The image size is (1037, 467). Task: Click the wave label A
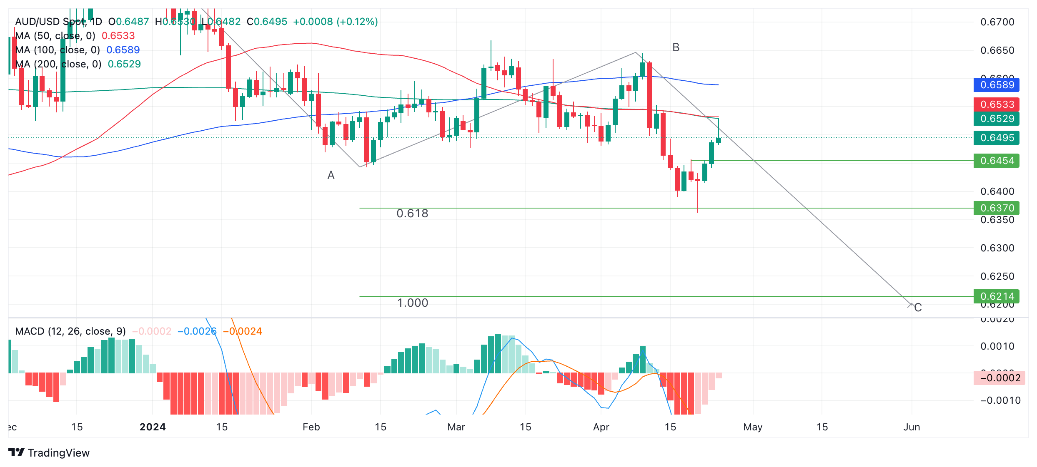(331, 175)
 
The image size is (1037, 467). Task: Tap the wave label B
(676, 47)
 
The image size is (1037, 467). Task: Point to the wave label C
(918, 308)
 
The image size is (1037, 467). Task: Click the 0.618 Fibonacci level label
(412, 214)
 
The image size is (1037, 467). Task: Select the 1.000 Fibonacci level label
(412, 303)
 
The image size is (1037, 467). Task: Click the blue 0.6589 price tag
(997, 85)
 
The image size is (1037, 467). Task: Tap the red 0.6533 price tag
(997, 104)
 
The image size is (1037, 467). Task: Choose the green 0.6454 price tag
(997, 161)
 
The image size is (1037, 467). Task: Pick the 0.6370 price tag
(997, 208)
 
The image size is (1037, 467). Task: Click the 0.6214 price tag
(997, 296)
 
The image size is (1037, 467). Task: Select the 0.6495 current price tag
(997, 137)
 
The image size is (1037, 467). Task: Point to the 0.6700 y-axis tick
(997, 22)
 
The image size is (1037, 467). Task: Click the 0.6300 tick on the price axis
(997, 248)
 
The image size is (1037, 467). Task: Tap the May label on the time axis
(753, 427)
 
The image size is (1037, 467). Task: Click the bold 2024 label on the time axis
(153, 427)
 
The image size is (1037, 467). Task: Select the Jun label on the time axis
(912, 427)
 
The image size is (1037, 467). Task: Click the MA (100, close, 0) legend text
(58, 50)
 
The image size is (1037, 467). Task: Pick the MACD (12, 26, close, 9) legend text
(70, 331)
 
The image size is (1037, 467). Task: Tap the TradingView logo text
(58, 453)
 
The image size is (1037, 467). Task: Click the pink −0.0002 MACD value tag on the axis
(999, 378)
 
